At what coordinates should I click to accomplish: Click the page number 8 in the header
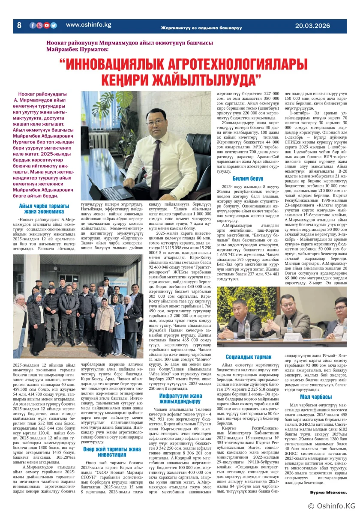[19, 25]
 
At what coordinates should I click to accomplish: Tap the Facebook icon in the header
[33, 25]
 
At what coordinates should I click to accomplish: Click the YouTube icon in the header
[47, 25]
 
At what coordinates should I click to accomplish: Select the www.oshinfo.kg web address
[88, 25]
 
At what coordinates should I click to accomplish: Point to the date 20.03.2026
[312, 26]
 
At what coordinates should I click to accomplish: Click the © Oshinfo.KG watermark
[332, 506]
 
